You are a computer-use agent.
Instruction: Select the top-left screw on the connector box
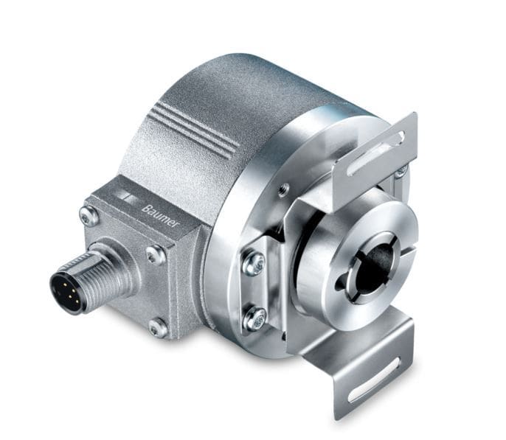tap(89, 215)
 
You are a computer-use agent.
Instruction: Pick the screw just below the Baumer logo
tap(156, 255)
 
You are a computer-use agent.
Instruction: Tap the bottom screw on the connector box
tap(158, 328)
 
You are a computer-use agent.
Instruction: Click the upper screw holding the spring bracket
tap(254, 263)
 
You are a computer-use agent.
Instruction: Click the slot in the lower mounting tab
tap(375, 380)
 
